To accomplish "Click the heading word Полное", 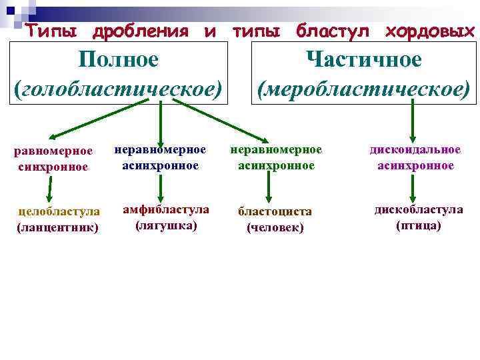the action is (x=118, y=59).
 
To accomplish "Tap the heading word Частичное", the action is (x=363, y=59).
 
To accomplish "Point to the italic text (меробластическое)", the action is (x=363, y=89).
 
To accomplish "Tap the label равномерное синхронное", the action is (x=53, y=159).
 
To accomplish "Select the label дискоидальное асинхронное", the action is (x=415, y=157).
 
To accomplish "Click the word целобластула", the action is (x=59, y=212).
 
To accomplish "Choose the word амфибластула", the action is (x=166, y=209).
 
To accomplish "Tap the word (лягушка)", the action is (x=166, y=225).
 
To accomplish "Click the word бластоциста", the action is (x=275, y=211).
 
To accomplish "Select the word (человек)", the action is (x=275, y=227).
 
